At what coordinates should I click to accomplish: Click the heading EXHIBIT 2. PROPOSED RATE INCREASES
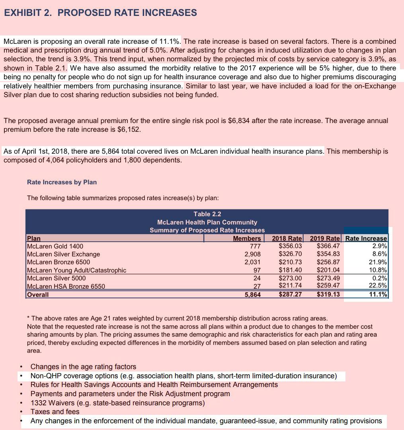100,13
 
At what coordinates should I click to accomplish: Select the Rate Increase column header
366,238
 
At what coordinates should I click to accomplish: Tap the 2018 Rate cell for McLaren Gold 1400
290,246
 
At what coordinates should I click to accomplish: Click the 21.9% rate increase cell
378,262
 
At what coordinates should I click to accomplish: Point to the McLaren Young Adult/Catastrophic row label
76,270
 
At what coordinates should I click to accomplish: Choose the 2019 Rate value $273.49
328,278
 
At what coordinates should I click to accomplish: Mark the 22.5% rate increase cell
378,286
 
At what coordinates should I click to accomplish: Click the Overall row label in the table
38,295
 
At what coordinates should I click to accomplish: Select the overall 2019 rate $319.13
328,295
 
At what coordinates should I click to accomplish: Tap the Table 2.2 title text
207,214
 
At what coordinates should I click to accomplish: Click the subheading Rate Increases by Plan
62,182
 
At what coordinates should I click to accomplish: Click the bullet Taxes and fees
55,412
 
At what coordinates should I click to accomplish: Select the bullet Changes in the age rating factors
83,367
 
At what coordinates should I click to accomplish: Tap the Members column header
247,238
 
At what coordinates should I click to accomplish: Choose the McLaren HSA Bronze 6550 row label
66,286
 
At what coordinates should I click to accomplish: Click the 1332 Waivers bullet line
117,403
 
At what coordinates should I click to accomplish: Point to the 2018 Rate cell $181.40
290,270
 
